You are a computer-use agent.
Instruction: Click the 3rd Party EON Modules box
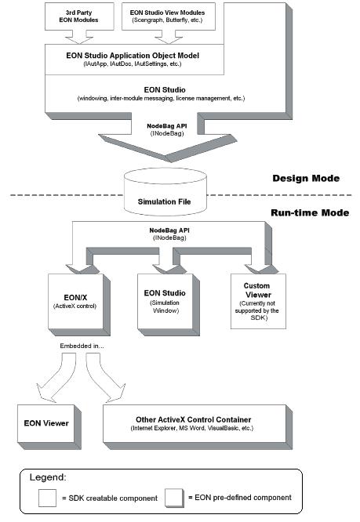point(79,16)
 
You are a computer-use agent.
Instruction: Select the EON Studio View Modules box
point(168,16)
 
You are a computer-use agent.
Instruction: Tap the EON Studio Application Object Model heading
point(133,56)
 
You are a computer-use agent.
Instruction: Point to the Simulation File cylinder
point(165,192)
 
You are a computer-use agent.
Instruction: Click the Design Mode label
point(306,179)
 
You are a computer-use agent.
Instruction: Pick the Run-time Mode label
point(310,212)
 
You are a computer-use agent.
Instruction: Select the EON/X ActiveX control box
point(79,305)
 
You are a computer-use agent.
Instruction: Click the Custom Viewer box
point(258,301)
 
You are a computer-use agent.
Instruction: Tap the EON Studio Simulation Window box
point(169,305)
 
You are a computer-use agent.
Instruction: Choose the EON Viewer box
point(49,427)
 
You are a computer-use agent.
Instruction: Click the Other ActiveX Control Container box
point(198,427)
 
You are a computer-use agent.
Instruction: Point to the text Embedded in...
point(82,346)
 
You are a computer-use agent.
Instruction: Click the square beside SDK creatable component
point(47,498)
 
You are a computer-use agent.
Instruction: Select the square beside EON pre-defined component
point(174,498)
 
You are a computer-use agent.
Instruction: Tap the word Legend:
point(48,477)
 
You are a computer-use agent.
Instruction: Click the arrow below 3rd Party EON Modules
point(79,38)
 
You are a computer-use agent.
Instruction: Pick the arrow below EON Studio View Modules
point(169,38)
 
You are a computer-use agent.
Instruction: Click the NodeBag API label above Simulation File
point(167,126)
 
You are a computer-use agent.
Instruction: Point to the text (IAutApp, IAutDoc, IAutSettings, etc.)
point(133,64)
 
